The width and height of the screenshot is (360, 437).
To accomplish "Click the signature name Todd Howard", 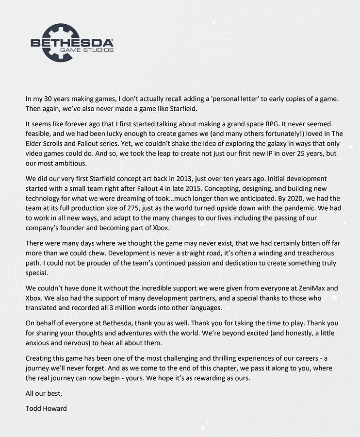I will [x=46, y=408].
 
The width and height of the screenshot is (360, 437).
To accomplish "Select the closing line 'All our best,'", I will [x=44, y=393].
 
